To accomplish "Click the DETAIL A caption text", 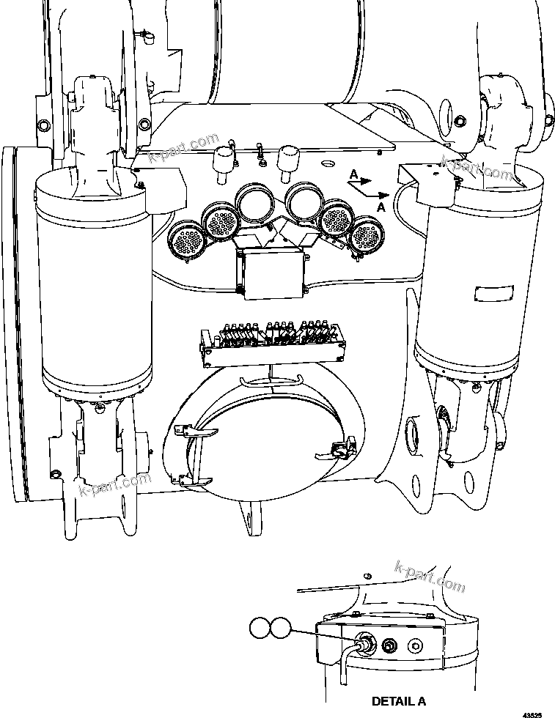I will [x=398, y=701].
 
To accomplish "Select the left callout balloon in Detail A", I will [x=260, y=628].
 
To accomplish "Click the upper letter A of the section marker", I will [x=354, y=174].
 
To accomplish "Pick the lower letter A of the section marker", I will [x=379, y=208].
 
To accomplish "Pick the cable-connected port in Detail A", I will [x=365, y=643].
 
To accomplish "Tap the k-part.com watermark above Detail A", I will [x=430, y=577].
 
